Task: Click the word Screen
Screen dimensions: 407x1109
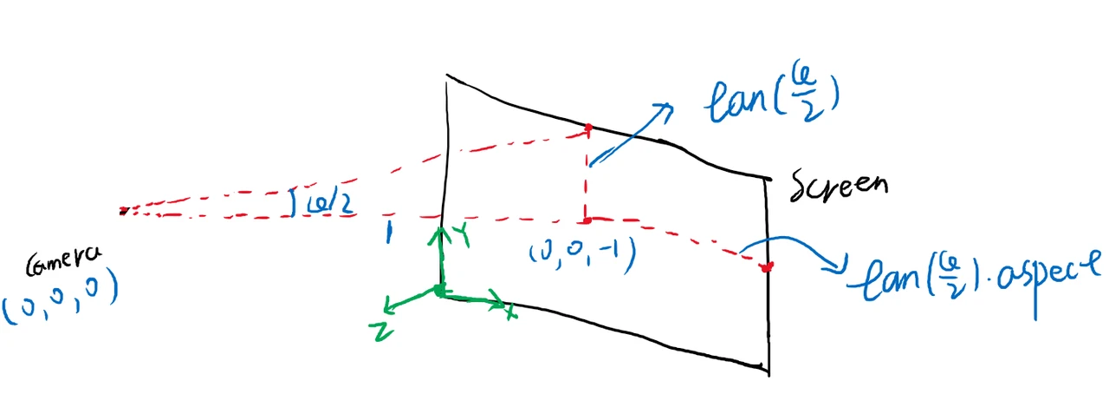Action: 840,185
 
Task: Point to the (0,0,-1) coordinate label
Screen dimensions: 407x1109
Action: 583,252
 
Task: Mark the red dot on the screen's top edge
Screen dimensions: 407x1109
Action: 588,128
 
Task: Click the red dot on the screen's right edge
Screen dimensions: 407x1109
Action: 766,266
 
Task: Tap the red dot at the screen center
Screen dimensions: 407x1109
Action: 587,220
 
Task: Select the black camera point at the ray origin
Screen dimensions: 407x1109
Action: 124,210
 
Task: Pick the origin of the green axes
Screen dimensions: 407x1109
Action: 440,291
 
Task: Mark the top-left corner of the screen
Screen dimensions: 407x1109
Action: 446,77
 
